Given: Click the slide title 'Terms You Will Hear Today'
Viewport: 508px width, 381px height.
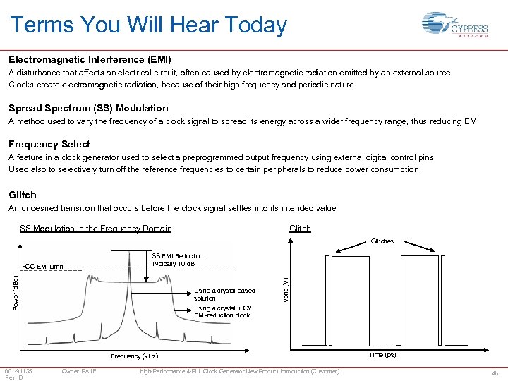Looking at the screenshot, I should (148, 25).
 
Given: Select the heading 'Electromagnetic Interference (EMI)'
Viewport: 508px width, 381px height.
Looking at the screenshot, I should (90, 60).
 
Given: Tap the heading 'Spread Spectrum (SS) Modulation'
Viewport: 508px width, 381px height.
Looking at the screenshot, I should (88, 108).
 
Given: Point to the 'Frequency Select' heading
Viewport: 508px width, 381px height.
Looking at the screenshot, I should (49, 144).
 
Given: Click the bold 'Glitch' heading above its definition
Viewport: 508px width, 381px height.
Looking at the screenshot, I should (23, 195).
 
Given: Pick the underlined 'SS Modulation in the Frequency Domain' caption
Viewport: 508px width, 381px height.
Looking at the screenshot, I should (95, 229).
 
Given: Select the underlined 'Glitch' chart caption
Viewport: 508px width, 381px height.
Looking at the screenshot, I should (300, 229).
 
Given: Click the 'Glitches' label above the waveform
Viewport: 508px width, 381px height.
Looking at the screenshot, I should (382, 241).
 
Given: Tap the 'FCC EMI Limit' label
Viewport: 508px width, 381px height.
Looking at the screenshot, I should (43, 267).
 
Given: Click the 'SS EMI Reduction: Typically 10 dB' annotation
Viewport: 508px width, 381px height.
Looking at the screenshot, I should (179, 259).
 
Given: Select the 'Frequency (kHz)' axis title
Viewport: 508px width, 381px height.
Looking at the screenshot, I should (135, 356).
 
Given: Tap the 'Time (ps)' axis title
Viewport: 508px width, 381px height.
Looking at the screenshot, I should (382, 355).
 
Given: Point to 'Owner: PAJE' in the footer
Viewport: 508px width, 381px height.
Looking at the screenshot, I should (79, 371).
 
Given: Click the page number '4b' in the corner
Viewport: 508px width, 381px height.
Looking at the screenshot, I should (495, 373).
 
